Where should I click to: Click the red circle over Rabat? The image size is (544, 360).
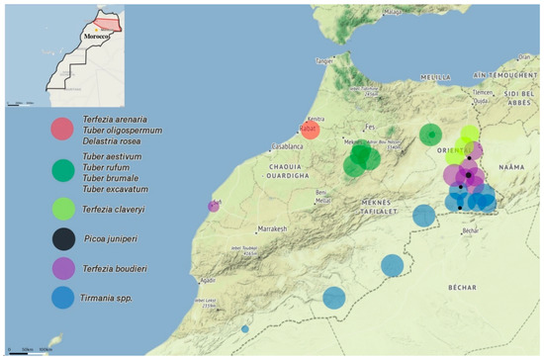click(x=311, y=130)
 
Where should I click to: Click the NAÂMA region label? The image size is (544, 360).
click(x=513, y=169)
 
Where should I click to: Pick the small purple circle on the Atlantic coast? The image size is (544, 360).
click(x=214, y=206)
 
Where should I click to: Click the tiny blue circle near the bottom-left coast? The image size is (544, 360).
click(x=245, y=329)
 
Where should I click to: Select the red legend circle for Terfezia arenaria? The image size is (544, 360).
click(x=63, y=129)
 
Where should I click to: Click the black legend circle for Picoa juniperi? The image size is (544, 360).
click(x=63, y=237)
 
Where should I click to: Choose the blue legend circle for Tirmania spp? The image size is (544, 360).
click(x=63, y=297)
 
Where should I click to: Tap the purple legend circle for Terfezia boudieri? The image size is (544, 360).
click(x=63, y=267)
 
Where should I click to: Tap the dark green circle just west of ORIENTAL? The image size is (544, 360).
click(x=430, y=135)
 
